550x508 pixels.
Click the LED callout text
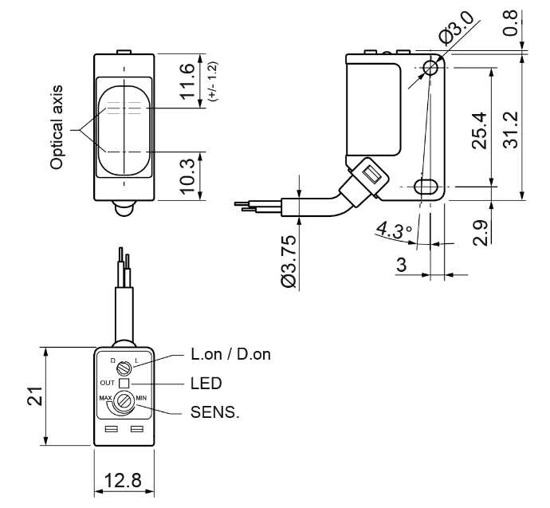pyautogui.click(x=204, y=383)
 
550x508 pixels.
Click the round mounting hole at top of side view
pyautogui.click(x=430, y=68)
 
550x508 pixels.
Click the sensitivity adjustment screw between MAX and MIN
pyautogui.click(x=124, y=401)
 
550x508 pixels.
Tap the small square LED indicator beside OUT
pyautogui.click(x=124, y=383)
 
